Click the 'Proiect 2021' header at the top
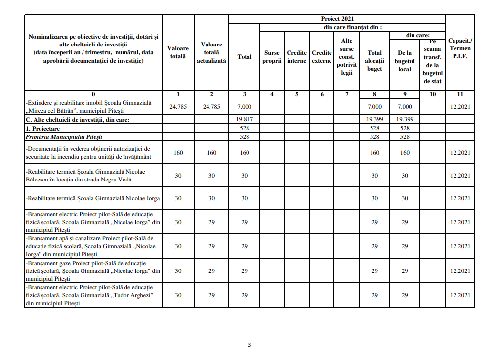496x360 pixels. (337, 19)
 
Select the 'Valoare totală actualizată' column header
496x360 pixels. (211, 52)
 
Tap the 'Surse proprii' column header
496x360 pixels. (272, 57)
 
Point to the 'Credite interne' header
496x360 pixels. (297, 57)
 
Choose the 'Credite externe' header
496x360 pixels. (322, 57)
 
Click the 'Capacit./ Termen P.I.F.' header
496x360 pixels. (459, 48)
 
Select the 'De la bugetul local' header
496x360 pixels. (404, 61)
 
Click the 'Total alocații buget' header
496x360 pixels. (374, 61)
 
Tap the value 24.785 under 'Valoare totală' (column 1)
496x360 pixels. (178, 106)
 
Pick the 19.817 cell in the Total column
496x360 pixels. (244, 119)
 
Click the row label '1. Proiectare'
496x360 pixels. (43, 128)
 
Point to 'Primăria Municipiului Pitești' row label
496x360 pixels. (68, 137)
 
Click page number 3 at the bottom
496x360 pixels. (249, 345)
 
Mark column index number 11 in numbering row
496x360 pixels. (459, 94)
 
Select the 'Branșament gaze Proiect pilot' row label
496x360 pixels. (93, 270)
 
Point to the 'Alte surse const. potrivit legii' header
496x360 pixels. (347, 57)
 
